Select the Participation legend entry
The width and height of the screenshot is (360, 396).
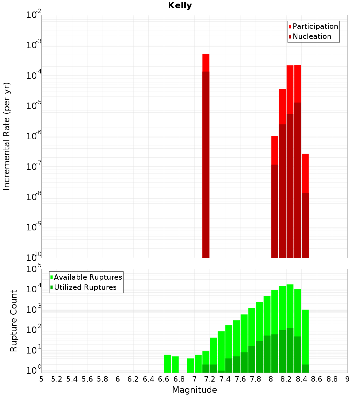[315, 26]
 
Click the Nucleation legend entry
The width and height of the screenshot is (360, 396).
[311, 36]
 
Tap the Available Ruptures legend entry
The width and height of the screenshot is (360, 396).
[87, 277]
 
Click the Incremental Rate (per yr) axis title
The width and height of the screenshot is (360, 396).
[7, 136]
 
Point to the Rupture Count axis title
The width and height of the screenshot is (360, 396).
[14, 320]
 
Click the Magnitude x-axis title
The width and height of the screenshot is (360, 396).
[194, 390]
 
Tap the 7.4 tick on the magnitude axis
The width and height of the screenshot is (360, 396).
[225, 379]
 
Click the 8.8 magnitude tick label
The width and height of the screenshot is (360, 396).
[332, 379]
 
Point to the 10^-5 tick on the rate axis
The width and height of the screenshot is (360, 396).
[34, 106]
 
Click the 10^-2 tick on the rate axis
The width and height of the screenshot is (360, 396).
[34, 15]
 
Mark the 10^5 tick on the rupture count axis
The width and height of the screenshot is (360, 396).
[34, 269]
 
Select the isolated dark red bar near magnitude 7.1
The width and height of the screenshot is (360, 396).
[206, 162]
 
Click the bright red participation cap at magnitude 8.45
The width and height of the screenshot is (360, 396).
[305, 173]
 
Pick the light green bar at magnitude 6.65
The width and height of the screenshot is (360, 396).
[168, 364]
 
